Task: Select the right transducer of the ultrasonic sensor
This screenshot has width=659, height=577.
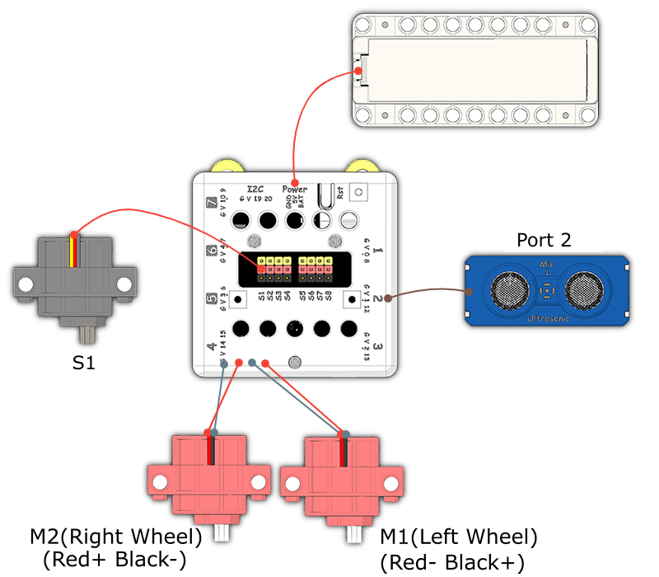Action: (x=587, y=289)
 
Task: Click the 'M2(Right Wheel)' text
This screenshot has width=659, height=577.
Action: (x=116, y=537)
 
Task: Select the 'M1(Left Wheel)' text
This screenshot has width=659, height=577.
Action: (x=458, y=538)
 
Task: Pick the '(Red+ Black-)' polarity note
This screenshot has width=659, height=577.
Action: (x=115, y=560)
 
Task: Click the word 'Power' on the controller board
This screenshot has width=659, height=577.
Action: (x=294, y=189)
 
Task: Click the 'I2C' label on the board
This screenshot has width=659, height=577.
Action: (x=255, y=189)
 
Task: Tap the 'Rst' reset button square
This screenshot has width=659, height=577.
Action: (x=358, y=191)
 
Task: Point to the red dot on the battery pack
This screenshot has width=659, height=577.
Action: (x=359, y=72)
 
